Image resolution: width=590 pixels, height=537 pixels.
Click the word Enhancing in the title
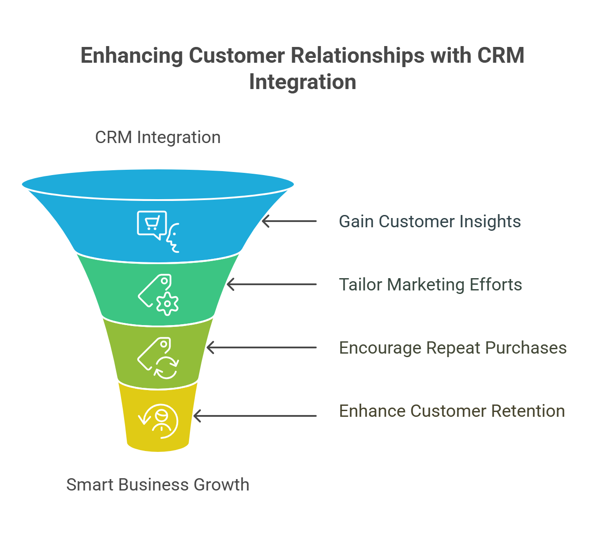click(x=132, y=56)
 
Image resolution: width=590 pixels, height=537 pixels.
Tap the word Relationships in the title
click(x=358, y=56)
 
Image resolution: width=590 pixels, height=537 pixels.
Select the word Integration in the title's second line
click(x=303, y=82)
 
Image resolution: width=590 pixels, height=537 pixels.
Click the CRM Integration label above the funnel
click(x=158, y=137)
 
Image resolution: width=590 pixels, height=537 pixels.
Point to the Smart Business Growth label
click(x=158, y=485)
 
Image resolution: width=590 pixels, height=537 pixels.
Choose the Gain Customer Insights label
click(x=430, y=221)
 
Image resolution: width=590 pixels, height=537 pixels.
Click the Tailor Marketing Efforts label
click(x=430, y=285)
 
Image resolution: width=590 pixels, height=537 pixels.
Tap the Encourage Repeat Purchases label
click(x=453, y=348)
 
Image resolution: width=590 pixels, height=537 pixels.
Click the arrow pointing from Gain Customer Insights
click(x=289, y=221)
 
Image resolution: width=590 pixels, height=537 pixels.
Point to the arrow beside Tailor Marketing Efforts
click(x=272, y=284)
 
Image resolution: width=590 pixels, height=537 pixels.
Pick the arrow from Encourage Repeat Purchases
click(x=261, y=347)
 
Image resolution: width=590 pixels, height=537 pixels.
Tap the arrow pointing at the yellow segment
click(x=255, y=416)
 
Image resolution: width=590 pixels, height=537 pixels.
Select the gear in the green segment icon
click(x=168, y=304)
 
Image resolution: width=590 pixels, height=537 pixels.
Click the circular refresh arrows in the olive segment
click(x=166, y=368)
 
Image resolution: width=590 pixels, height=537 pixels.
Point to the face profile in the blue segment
click(x=173, y=238)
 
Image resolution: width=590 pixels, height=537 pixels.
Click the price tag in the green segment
click(x=155, y=290)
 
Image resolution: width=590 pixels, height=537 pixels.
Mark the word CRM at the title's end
click(x=501, y=56)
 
